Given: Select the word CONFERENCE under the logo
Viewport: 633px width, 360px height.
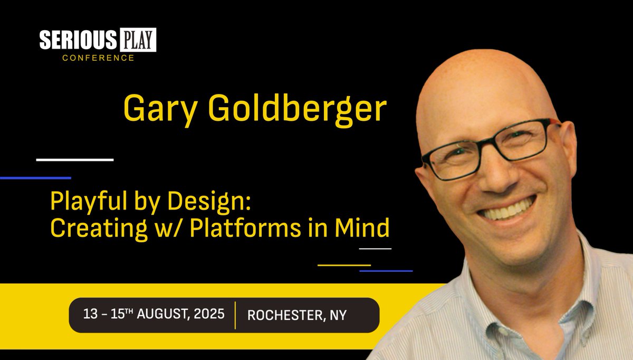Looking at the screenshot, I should pos(98,58).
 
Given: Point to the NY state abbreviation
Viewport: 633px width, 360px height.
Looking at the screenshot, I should pos(338,315).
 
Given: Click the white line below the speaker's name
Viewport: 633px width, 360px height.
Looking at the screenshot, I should pos(75,159).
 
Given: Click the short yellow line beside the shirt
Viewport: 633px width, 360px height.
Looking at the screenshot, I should pos(344,265).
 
